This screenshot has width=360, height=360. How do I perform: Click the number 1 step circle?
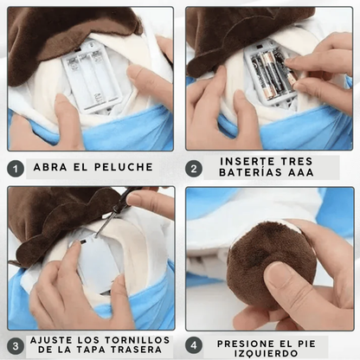click(16, 168)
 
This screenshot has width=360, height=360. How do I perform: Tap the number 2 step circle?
click(196, 168)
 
